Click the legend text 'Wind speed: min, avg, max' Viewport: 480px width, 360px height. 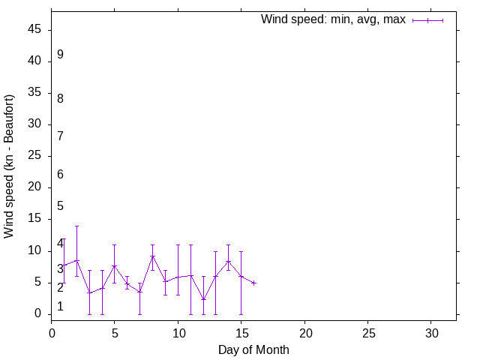click(333, 19)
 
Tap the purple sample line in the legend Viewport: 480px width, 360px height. click(427, 20)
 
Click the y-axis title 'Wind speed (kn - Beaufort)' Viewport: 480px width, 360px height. click(9, 166)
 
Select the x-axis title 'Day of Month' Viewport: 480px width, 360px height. click(253, 349)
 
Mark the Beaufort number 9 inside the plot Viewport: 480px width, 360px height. click(60, 55)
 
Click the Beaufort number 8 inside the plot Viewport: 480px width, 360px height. click(60, 98)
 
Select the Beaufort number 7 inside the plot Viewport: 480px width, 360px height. click(60, 136)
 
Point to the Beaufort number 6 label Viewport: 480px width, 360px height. click(60, 174)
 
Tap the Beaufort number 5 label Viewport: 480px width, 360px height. click(60, 205)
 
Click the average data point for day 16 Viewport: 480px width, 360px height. click(253, 283)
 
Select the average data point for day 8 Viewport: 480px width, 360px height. click(152, 256)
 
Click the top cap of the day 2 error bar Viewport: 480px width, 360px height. click(76, 226)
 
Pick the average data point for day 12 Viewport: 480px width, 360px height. click(203, 299)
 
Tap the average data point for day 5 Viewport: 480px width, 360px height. click(115, 265)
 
